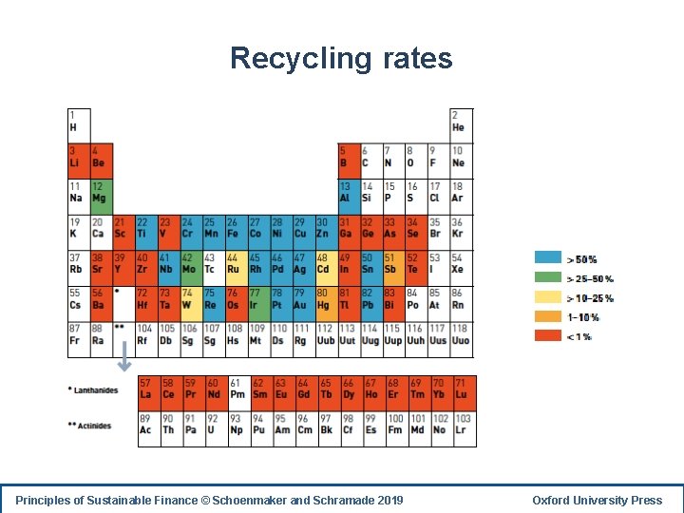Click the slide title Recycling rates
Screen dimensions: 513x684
click(341, 59)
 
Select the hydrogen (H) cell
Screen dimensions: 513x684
click(78, 122)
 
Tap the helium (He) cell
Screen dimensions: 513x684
click(461, 122)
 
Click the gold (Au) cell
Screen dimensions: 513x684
click(303, 300)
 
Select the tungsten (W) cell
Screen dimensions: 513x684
click(190, 300)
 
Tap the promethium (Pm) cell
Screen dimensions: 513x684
click(238, 389)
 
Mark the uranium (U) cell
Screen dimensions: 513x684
click(216, 425)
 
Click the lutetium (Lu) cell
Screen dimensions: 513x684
click(463, 389)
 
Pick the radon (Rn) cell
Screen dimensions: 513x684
click(461, 300)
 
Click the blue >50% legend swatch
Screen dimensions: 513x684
click(547, 258)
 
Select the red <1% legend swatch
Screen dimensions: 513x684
click(547, 336)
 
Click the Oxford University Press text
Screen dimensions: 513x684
click(597, 501)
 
